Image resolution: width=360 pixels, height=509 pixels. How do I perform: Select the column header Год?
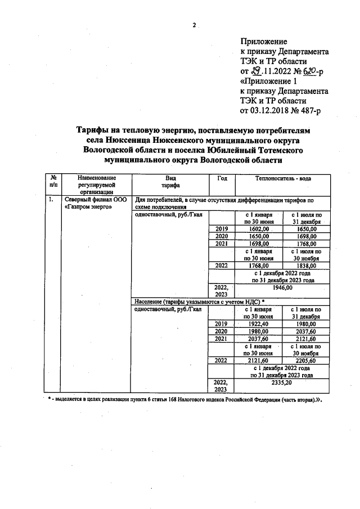pyautogui.click(x=222, y=178)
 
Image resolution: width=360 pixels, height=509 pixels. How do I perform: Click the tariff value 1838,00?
pyautogui.click(x=306, y=265)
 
